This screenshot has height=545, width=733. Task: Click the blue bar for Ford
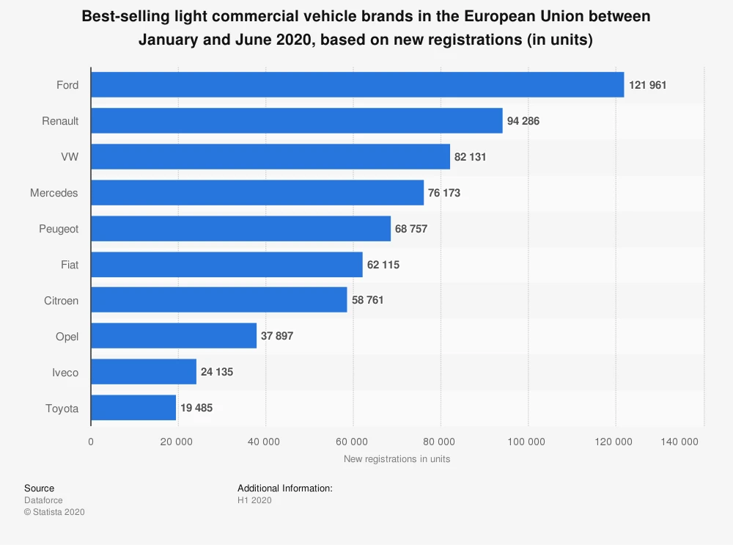coord(357,85)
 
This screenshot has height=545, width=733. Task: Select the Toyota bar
coord(133,408)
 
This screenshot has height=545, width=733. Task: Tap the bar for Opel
coord(174,336)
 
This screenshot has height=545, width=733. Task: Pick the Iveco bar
coord(144,372)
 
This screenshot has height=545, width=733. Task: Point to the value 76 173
coord(444,193)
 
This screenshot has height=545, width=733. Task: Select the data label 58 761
coord(368,300)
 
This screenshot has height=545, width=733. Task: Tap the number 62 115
coord(383,264)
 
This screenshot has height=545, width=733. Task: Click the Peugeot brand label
coord(59,229)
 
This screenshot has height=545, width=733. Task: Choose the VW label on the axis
coord(70,157)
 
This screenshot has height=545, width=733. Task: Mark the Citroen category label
coord(61,300)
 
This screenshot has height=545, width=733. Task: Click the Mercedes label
coord(54,193)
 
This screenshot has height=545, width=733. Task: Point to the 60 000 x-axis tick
coord(352,442)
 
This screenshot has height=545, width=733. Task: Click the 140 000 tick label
coord(679,442)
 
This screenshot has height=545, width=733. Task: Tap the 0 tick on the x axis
coord(91,442)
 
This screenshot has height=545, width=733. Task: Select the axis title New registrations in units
coord(397,459)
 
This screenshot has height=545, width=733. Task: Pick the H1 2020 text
coord(254,500)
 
